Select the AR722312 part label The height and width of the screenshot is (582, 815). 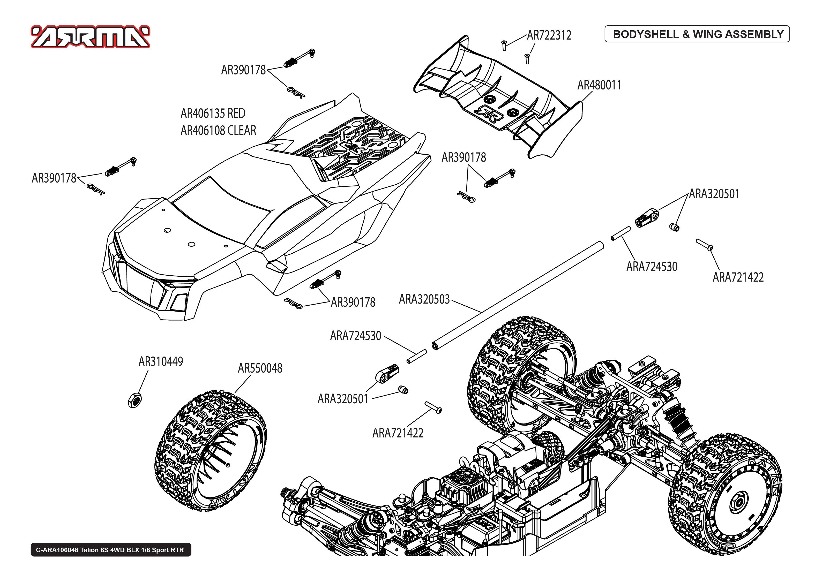click(x=549, y=35)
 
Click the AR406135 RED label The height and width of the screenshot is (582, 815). click(x=213, y=114)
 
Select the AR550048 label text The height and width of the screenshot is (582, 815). click(x=260, y=368)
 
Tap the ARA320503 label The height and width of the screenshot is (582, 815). click(x=424, y=299)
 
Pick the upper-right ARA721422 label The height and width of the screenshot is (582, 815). click(x=738, y=277)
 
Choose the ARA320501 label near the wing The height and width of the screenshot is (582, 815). click(x=714, y=194)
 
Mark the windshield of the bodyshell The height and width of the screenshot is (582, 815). click(x=222, y=211)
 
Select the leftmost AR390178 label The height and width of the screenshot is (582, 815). click(x=54, y=178)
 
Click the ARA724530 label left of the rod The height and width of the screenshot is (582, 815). click(x=356, y=336)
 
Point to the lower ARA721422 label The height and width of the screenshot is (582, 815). click(x=398, y=433)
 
